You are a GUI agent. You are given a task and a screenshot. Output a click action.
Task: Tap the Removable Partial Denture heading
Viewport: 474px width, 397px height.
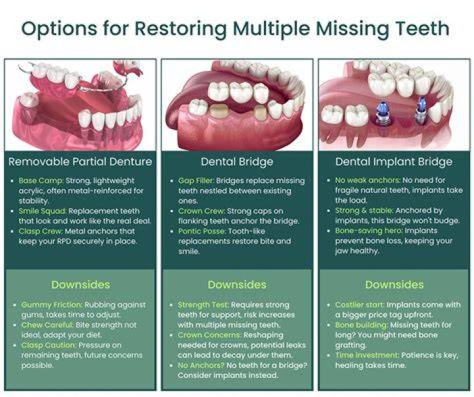[80, 161]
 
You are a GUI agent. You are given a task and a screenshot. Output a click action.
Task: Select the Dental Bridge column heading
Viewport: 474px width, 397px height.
[237, 162]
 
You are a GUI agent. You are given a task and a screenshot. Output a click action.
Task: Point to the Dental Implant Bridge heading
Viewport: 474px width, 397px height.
[394, 162]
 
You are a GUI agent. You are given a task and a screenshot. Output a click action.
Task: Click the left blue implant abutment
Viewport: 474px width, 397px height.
[381, 111]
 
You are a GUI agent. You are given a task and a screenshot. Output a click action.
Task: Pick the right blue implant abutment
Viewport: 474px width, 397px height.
[420, 108]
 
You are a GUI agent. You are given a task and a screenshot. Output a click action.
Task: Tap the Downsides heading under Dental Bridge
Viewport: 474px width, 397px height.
[237, 284]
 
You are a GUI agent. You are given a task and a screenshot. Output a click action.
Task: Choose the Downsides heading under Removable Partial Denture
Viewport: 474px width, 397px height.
[81, 284]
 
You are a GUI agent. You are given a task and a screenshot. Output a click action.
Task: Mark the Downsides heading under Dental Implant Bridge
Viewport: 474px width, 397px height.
[394, 284]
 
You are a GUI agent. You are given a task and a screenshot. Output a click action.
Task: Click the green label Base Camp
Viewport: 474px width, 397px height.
[41, 180]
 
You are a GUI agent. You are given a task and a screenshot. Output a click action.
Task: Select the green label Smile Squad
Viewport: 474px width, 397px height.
[42, 211]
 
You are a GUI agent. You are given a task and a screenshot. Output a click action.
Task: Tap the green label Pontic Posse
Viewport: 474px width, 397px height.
[202, 231]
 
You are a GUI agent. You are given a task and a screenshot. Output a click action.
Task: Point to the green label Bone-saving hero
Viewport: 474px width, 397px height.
[369, 230]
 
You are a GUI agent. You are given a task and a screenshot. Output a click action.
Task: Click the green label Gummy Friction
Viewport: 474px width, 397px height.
[51, 305]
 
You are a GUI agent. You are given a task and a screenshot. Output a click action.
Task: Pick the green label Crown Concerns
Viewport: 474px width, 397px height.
[209, 335]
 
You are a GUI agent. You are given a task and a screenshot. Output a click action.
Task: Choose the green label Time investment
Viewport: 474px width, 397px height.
[367, 356]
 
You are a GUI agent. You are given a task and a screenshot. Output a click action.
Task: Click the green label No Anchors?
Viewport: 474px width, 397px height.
[201, 365]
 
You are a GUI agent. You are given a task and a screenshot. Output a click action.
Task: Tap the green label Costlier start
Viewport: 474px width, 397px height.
[359, 305]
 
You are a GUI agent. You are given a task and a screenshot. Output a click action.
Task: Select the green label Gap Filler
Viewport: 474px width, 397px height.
[196, 180]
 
